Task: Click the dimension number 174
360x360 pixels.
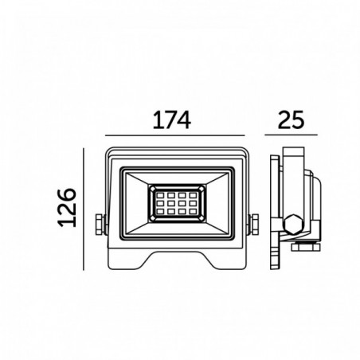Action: click(x=172, y=120)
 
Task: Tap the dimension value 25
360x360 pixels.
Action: click(x=291, y=120)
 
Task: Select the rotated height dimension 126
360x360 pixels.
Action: click(x=67, y=207)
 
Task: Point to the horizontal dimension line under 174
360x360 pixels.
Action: click(x=174, y=135)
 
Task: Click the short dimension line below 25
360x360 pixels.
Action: click(x=291, y=135)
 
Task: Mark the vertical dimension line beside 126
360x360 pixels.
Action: click(x=84, y=209)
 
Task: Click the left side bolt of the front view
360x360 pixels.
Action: click(x=100, y=225)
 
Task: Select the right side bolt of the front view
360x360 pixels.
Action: click(x=254, y=225)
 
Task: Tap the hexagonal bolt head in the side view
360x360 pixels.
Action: click(x=293, y=225)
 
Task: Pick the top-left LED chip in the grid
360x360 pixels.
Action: click(x=160, y=195)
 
